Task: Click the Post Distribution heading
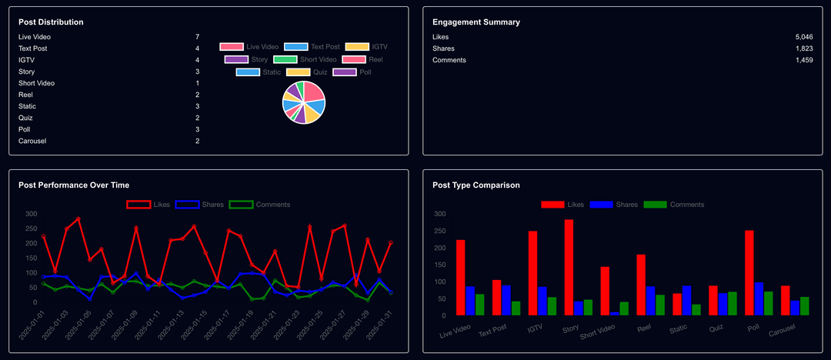(51, 22)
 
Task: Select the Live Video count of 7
(197, 37)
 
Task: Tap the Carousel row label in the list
(32, 141)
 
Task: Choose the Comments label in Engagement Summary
(449, 60)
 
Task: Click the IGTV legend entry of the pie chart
(366, 47)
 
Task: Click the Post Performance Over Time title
(74, 185)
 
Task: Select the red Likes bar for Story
(569, 267)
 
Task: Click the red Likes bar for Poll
(749, 272)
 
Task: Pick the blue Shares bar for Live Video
(470, 301)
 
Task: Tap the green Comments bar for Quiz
(732, 303)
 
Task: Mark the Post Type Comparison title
(476, 185)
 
